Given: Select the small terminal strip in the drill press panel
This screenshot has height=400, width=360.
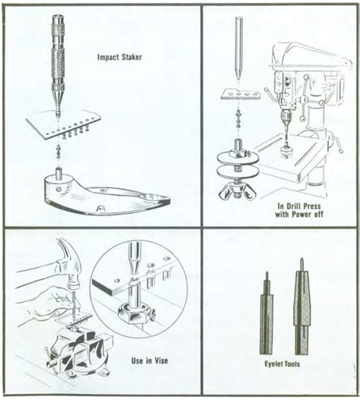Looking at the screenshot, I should point(241,94).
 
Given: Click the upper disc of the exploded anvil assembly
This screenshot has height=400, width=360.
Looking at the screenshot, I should point(237,159).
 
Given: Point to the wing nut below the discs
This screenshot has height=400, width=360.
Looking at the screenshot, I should point(238,191).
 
